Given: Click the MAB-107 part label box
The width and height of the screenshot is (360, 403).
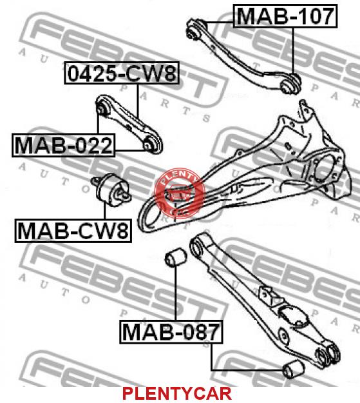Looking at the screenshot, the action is click(285, 16).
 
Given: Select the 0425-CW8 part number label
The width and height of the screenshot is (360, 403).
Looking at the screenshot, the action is click(122, 73).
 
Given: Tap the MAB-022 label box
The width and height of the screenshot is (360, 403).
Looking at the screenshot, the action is click(63, 145).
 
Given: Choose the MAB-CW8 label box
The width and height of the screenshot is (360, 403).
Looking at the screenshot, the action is click(73, 231).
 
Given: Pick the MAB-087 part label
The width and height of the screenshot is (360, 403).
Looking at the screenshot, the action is click(171, 332).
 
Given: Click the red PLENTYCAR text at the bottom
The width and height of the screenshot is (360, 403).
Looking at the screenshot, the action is click(177, 393).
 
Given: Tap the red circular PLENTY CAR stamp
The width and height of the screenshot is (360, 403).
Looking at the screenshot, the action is click(180, 193).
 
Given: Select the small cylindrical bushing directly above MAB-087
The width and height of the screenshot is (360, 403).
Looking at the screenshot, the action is click(176, 257).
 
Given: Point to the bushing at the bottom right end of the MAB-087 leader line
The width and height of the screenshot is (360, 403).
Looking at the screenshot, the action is click(294, 369).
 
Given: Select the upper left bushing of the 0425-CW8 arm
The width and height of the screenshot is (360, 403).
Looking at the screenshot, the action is click(103, 106).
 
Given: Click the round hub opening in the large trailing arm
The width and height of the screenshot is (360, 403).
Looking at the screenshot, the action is click(325, 170).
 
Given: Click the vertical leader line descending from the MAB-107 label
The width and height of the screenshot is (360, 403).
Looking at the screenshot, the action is click(293, 51).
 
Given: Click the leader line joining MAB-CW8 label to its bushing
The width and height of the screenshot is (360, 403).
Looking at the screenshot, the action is click(105, 211).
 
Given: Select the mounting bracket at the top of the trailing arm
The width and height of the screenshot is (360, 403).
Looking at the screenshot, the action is click(307, 112).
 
